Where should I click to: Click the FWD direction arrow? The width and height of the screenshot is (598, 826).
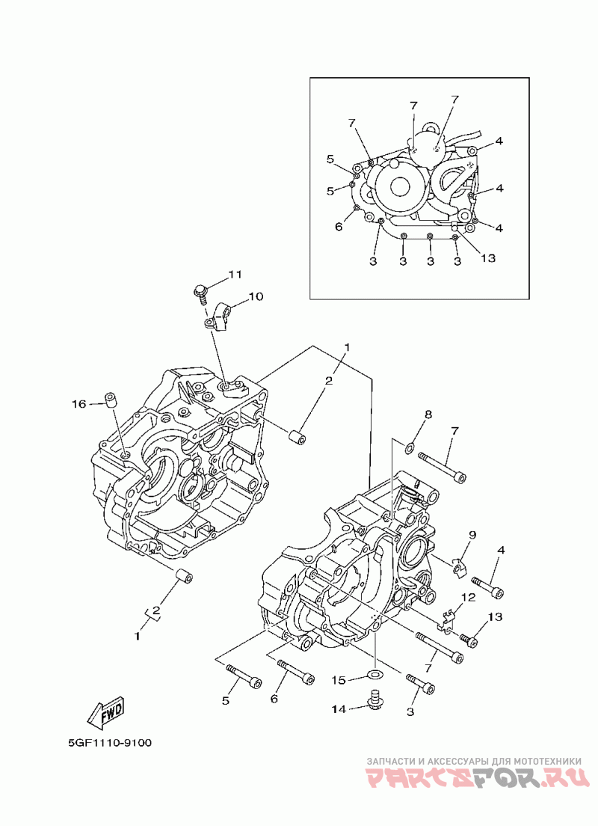pyautogui.click(x=106, y=712)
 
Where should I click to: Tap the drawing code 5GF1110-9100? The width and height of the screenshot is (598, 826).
pyautogui.click(x=109, y=743)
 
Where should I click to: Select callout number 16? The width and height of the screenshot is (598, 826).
pyautogui.click(x=79, y=404)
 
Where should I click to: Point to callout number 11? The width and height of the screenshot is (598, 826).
pyautogui.click(x=235, y=275)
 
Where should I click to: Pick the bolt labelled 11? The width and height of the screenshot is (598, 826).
pyautogui.click(x=200, y=293)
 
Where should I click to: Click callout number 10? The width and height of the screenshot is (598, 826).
pyautogui.click(x=256, y=296)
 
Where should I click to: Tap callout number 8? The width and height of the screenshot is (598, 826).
pyautogui.click(x=428, y=415)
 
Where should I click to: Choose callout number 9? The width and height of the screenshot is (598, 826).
pyautogui.click(x=472, y=535)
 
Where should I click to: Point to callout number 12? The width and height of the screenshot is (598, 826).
pyautogui.click(x=468, y=597)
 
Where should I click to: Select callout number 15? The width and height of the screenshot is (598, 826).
pyautogui.click(x=339, y=681)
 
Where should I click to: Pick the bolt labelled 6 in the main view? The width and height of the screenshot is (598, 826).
pyautogui.click(x=295, y=673)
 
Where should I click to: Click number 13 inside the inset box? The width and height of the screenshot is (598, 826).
pyautogui.click(x=488, y=259)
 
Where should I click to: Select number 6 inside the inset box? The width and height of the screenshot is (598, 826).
pyautogui.click(x=339, y=227)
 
